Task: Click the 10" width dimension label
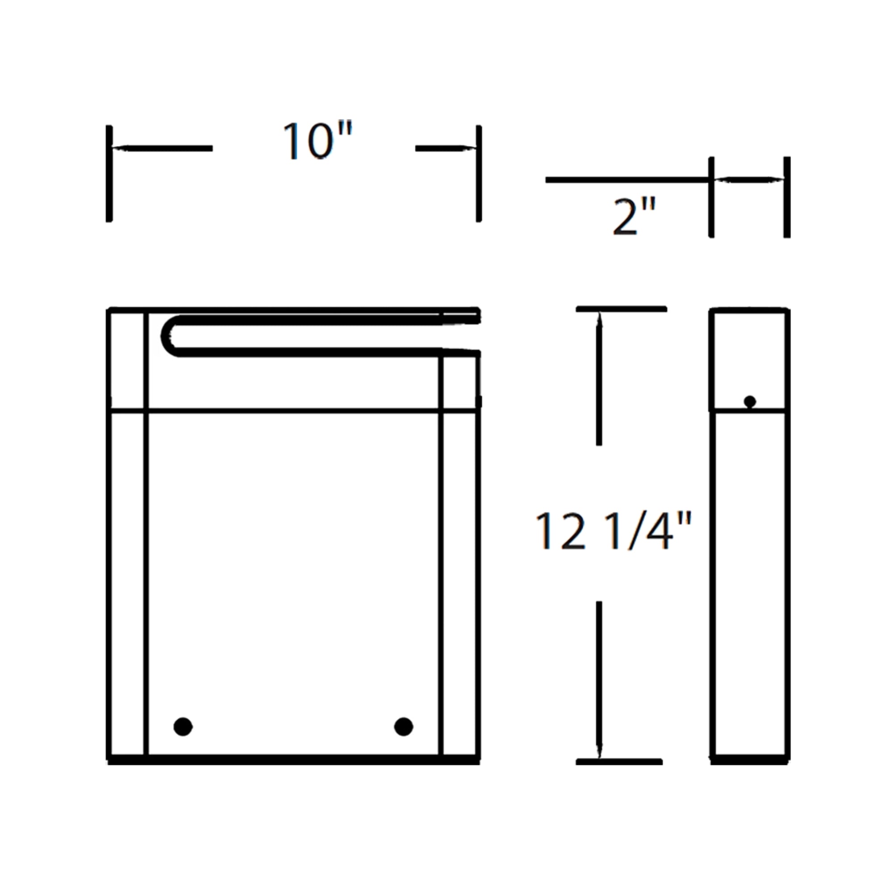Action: pyautogui.click(x=317, y=141)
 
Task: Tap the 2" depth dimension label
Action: pyautogui.click(x=634, y=216)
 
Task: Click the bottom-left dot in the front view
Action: pyautogui.click(x=183, y=726)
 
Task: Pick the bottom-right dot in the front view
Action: pyautogui.click(x=404, y=726)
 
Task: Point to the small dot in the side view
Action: pyautogui.click(x=750, y=402)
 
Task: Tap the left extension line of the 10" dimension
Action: pyautogui.click(x=109, y=173)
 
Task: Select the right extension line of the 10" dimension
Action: pyautogui.click(x=479, y=173)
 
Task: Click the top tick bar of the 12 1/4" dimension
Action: pyautogui.click(x=621, y=309)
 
